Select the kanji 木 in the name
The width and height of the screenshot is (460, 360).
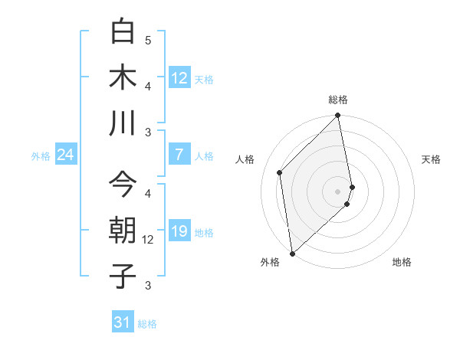[123, 77]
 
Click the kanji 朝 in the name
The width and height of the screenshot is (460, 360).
[123, 230]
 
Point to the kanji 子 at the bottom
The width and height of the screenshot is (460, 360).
[123, 276]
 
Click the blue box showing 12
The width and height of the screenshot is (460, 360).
[179, 78]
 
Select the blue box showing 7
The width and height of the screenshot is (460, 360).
[179, 155]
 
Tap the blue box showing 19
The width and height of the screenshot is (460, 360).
[179, 232]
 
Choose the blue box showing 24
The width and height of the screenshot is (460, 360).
[65, 155]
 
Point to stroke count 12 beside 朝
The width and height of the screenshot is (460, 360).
[149, 240]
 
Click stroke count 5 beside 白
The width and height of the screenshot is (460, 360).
[148, 40]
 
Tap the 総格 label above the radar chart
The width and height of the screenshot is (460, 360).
[338, 100]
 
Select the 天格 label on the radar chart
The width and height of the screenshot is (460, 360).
[432, 159]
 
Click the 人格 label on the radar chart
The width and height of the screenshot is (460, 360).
[245, 159]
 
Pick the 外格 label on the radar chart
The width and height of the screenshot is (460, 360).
[270, 263]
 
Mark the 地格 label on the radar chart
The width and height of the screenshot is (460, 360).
[402, 263]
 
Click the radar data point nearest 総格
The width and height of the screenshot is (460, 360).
[338, 116]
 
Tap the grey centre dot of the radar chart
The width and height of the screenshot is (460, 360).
[338, 191]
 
